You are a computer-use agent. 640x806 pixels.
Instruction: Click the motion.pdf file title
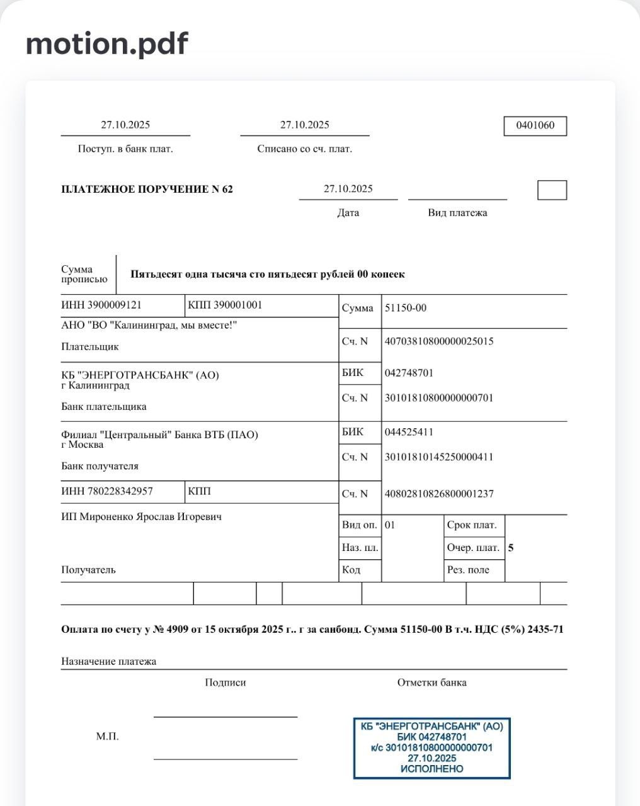tap(106, 44)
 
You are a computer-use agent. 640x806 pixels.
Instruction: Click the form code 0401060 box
tap(535, 125)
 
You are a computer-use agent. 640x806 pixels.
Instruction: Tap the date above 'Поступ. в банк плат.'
tap(125, 125)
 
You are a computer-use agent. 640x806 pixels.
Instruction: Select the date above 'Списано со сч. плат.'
tap(304, 125)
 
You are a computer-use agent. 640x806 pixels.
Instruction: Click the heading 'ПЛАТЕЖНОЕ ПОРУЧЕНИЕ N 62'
tap(147, 189)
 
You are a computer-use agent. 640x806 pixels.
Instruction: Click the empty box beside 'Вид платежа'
tap(552, 190)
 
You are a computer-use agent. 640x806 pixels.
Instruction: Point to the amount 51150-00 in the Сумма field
tap(405, 308)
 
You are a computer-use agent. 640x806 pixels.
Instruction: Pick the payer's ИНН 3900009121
tap(101, 305)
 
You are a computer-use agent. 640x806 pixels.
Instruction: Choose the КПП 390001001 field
tap(225, 305)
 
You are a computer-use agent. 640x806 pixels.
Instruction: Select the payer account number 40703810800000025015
tap(439, 341)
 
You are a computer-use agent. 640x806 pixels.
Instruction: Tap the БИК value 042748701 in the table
tap(409, 373)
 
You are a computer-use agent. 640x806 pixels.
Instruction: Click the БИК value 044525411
tap(409, 432)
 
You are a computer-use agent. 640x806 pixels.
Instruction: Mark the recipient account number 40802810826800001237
tap(439, 494)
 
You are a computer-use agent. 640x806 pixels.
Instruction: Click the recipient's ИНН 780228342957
tap(107, 491)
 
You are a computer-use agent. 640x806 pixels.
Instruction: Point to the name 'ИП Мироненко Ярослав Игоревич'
tap(141, 517)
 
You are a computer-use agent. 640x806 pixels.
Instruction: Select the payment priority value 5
tap(511, 548)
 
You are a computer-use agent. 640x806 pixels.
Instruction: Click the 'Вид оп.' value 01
tap(390, 525)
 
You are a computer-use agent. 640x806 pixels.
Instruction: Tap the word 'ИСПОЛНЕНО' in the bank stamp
tap(431, 769)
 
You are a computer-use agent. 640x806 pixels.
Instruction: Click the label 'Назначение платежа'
tap(108, 661)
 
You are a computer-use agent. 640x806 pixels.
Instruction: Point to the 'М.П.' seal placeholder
tap(107, 736)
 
